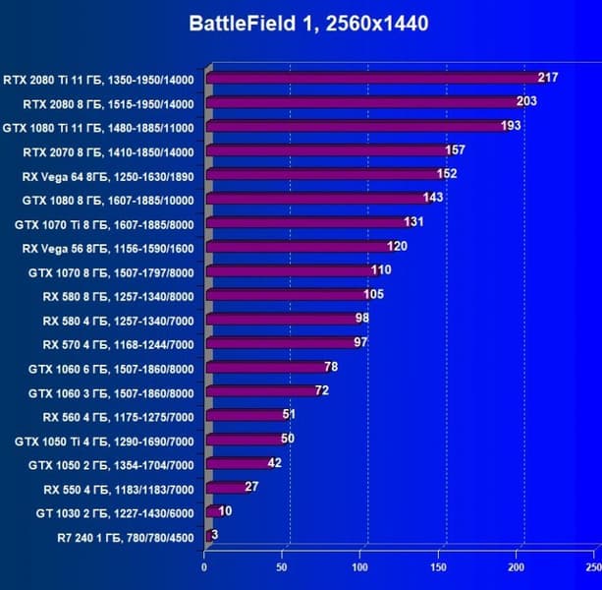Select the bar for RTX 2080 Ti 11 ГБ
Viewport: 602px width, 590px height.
pos(373,79)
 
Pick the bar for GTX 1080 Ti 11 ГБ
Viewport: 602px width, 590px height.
pos(354,126)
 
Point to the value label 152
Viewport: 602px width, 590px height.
pos(447,173)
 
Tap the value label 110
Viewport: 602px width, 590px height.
pos(381,269)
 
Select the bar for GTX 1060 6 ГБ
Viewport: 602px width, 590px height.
pos(264,367)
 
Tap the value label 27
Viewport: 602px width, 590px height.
pos(251,487)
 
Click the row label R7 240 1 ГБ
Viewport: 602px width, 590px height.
pos(127,536)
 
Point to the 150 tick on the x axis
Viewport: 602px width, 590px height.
pos(439,567)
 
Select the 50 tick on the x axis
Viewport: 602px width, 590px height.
pos(282,567)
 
